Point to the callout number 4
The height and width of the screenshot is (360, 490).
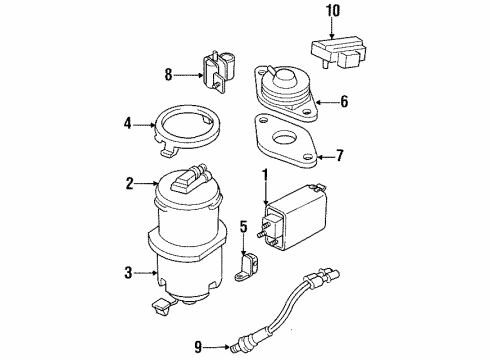pos(128,125)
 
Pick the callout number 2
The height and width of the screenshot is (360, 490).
pos(129,183)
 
